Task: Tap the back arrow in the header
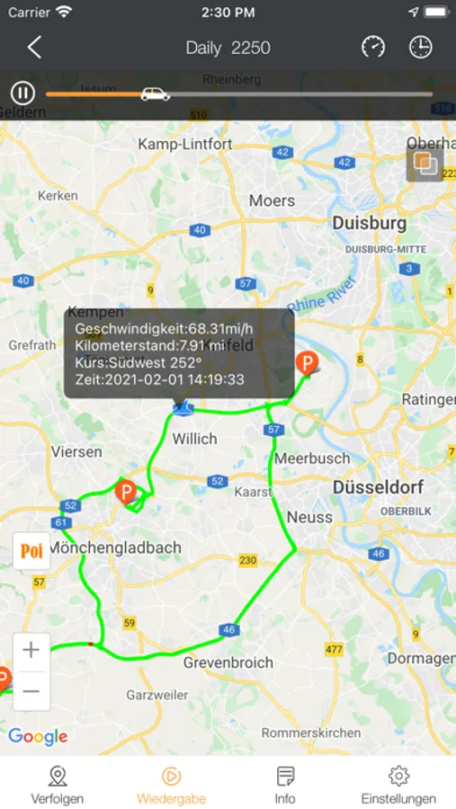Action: (x=34, y=48)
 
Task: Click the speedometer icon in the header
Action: (x=373, y=48)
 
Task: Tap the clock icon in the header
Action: (x=421, y=48)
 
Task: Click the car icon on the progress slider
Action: (x=155, y=93)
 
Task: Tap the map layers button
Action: (x=425, y=164)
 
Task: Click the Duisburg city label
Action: (x=369, y=222)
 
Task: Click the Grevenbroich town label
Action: (x=228, y=662)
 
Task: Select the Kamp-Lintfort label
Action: (x=184, y=144)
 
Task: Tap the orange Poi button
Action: (x=31, y=551)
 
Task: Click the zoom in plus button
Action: (x=31, y=649)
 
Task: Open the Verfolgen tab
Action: (x=58, y=784)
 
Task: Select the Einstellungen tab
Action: (x=398, y=784)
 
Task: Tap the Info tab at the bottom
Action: (x=285, y=784)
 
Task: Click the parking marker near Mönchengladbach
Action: (x=126, y=492)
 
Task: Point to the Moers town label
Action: (x=272, y=200)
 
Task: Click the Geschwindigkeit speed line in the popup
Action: (x=165, y=328)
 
